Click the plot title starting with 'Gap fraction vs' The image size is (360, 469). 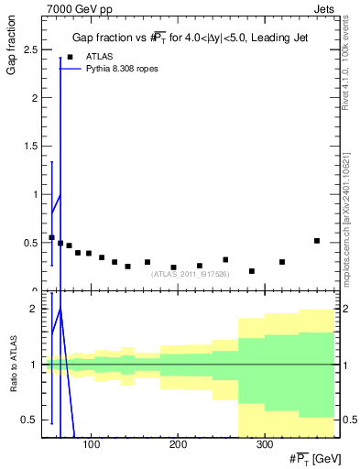[x=191, y=38]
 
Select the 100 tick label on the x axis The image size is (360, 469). [x=91, y=445]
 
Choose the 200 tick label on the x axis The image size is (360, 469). [x=177, y=445]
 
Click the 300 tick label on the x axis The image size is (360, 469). [x=263, y=445]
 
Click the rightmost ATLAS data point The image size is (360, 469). [x=317, y=241]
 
